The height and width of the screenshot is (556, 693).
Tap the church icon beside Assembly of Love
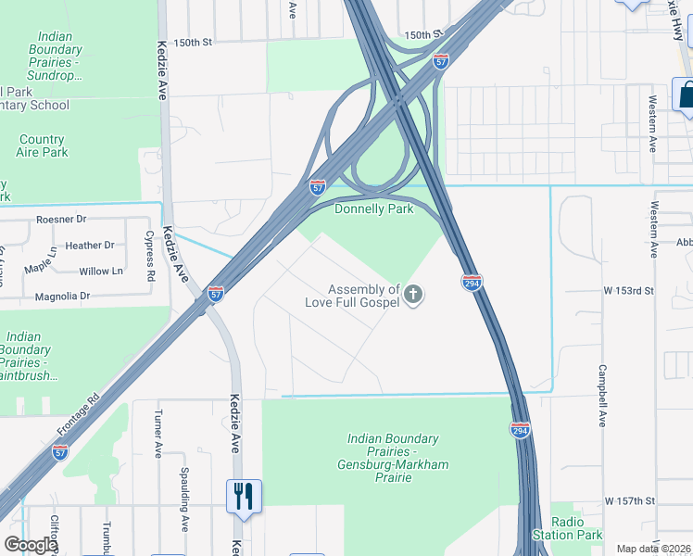tap(413, 296)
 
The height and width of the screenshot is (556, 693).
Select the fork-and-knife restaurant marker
tap(244, 496)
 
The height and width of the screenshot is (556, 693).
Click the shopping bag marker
tap(686, 95)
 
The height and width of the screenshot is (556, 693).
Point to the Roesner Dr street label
tap(60, 220)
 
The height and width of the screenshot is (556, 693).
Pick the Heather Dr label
tap(90, 246)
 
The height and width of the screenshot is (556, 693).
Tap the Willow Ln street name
tap(101, 272)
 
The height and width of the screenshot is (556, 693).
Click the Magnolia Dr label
tap(62, 297)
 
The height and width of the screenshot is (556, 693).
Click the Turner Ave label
tap(158, 436)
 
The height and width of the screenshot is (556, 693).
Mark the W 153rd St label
tap(629, 291)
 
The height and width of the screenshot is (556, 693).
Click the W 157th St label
tap(630, 501)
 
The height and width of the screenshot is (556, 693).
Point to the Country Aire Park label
tap(42, 145)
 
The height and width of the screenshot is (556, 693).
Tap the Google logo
tap(31, 545)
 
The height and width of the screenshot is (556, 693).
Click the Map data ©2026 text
tap(653, 549)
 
